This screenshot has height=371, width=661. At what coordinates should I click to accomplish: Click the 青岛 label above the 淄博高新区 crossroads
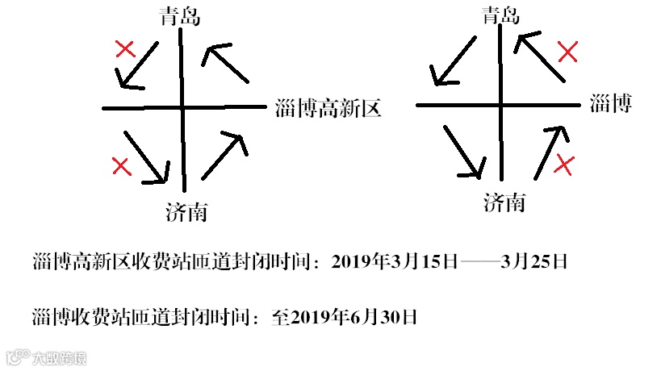(x=180, y=15)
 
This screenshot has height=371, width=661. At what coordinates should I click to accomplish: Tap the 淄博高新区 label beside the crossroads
(x=327, y=107)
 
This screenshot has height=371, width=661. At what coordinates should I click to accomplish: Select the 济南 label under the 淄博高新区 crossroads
(x=186, y=212)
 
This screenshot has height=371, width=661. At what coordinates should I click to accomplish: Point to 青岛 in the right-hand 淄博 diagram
(x=501, y=14)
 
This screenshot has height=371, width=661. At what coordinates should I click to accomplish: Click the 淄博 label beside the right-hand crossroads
(x=610, y=104)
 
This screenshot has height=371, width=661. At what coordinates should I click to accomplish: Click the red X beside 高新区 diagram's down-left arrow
(x=124, y=49)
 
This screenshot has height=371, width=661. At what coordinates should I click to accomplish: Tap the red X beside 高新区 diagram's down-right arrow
(x=121, y=166)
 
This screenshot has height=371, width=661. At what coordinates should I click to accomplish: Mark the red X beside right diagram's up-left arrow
(x=568, y=53)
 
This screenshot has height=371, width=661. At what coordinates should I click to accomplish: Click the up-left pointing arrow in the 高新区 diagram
(x=225, y=64)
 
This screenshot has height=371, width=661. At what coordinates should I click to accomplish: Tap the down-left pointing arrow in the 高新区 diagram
(x=136, y=65)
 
